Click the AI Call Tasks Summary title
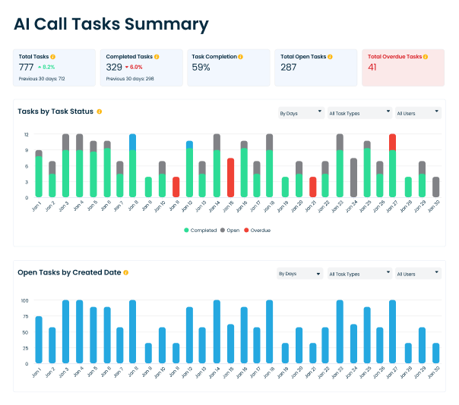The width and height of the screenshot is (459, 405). tap(111, 24)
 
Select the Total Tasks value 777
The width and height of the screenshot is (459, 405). tap(27, 67)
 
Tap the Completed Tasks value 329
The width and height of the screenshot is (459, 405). tap(114, 67)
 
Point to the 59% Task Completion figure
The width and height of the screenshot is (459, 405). tap(201, 67)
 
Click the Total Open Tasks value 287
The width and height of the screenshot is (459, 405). tap(289, 67)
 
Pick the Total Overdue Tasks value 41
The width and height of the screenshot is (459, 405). tap(372, 67)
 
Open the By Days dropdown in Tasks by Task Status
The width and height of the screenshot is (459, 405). tap(300, 113)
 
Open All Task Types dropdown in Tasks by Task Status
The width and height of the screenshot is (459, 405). tap(358, 113)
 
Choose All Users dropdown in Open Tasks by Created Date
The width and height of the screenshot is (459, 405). tap(418, 273)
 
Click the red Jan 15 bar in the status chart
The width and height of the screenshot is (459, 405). tap(230, 177)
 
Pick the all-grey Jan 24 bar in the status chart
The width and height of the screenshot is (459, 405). tap(353, 177)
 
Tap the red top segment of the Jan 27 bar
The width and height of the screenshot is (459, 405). tap(392, 141)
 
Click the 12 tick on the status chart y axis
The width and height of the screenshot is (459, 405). tap(26, 134)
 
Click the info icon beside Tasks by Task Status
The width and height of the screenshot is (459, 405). tap(100, 111)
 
